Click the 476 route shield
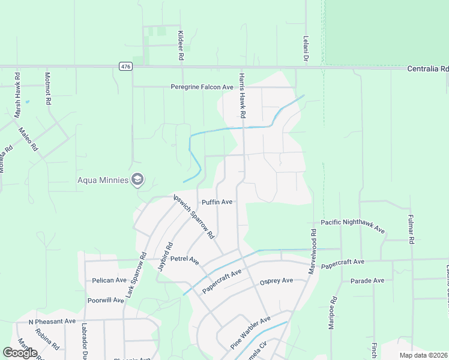125,67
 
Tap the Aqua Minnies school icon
137,179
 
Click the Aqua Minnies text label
103,180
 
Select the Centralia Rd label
427,69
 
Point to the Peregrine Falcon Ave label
202,87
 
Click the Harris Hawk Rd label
242,95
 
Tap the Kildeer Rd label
180,46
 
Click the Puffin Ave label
217,202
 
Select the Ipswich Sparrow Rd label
193,217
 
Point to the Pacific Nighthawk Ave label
352,226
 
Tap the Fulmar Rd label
411,229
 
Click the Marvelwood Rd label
312,251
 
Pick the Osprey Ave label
276,281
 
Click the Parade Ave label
367,281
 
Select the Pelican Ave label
109,280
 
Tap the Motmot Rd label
47,88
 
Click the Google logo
20,353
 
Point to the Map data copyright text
424,355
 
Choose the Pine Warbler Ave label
251,333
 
